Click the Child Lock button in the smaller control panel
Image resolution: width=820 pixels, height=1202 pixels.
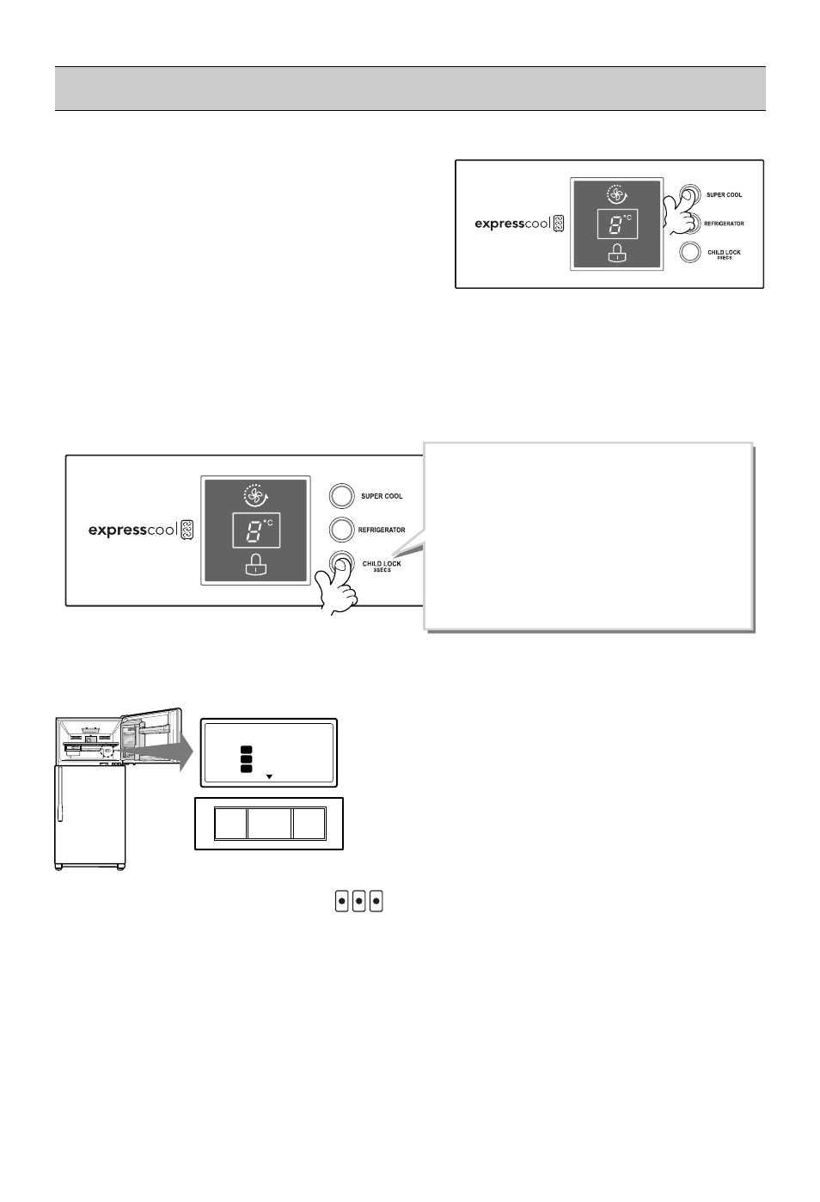(689, 252)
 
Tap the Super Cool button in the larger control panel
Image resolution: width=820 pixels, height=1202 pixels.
(341, 496)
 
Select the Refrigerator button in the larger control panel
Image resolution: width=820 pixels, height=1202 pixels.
(341, 530)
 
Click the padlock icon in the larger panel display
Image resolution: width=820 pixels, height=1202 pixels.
(256, 565)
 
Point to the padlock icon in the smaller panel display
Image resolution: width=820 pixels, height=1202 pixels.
(617, 253)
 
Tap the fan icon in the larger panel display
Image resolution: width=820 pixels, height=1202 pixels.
(256, 496)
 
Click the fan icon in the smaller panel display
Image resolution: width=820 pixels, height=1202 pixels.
(617, 195)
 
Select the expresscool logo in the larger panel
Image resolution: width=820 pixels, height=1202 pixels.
(141, 530)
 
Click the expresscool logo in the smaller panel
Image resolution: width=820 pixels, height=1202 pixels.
(519, 224)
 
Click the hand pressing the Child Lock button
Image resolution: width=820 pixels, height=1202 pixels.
(336, 586)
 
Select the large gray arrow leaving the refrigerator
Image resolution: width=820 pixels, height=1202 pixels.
(156, 751)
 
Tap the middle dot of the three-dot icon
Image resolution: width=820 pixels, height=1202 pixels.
(359, 901)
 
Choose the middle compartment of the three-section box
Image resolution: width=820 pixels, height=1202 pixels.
(269, 824)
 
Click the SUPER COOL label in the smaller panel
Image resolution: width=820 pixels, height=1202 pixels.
(724, 195)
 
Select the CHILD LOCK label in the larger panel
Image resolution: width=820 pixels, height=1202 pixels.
(382, 563)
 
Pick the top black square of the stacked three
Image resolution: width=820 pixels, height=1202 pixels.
(246, 750)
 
